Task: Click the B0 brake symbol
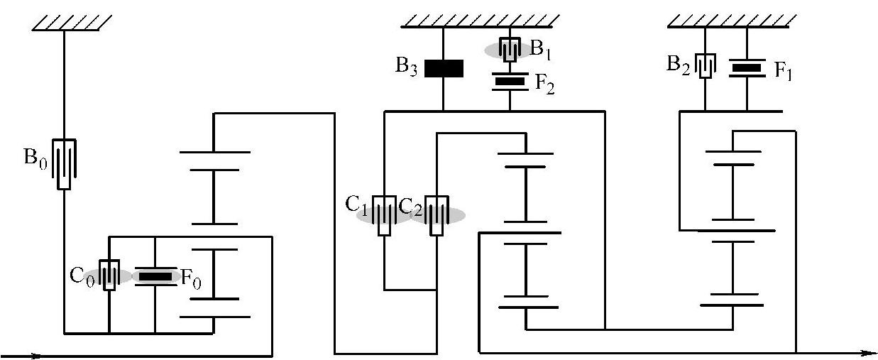tap(65, 163)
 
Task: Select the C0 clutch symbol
tap(109, 276)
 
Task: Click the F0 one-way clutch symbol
tap(155, 276)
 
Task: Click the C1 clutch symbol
tap(385, 215)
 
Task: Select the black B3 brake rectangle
tap(444, 68)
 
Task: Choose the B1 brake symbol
tap(510, 49)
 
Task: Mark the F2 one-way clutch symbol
tap(510, 81)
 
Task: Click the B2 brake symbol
tap(705, 67)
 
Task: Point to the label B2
tap(679, 63)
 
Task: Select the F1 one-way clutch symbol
tap(747, 68)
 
